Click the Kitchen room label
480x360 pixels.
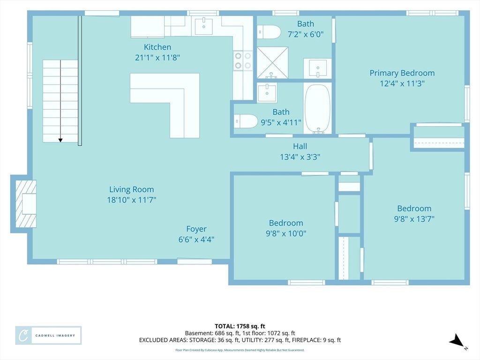point(157,47)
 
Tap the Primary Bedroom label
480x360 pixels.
point(402,73)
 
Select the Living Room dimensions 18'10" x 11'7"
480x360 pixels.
point(132,200)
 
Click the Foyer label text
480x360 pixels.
point(196,229)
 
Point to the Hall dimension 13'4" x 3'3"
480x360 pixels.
point(300,157)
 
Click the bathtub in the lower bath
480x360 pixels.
point(317,109)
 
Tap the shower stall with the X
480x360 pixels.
point(272,62)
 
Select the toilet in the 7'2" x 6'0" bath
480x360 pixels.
point(269,32)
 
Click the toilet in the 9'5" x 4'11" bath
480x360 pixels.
point(246,121)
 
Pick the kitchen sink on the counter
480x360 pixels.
point(203,26)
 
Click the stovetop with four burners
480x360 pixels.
point(243,60)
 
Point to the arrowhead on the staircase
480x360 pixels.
point(60,140)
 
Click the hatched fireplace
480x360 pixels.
point(26,204)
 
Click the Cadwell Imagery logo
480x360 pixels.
point(48,336)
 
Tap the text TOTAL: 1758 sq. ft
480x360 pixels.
point(240,326)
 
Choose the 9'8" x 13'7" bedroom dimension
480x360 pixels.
point(414,219)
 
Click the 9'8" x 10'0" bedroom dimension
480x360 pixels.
point(286,233)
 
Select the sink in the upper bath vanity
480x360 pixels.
point(318,68)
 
